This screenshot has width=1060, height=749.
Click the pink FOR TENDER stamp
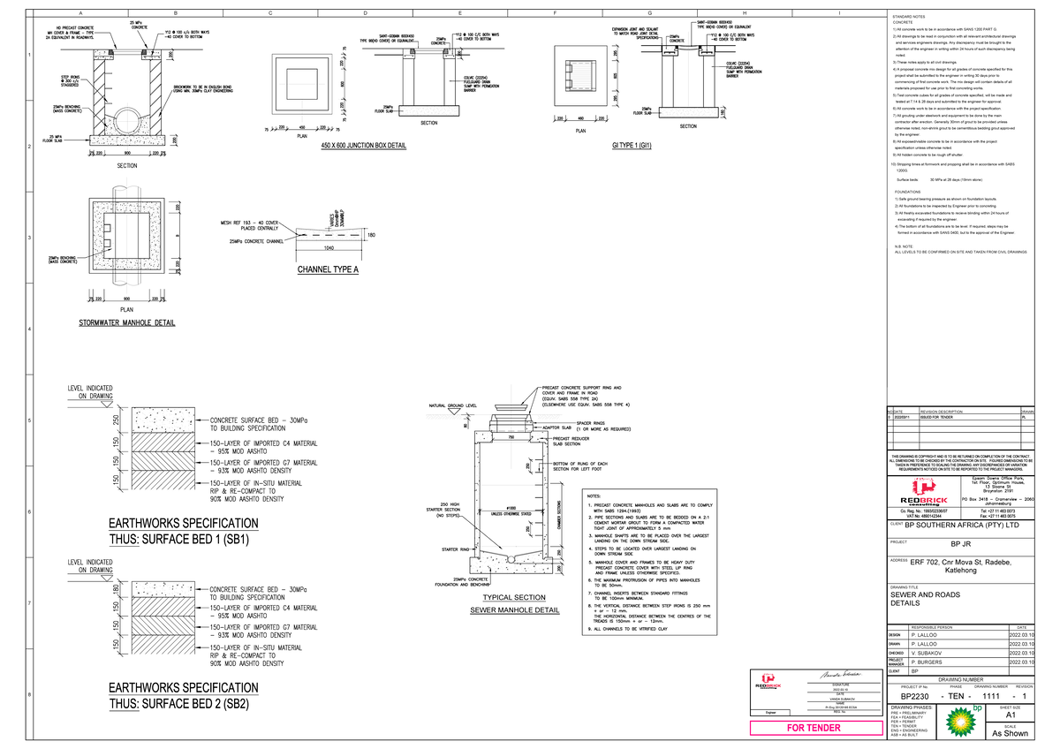tap(814, 728)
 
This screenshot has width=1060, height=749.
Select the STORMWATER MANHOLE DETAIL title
tap(126, 323)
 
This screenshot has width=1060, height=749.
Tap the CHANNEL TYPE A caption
tap(328, 270)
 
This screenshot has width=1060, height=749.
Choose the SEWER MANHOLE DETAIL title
tap(514, 609)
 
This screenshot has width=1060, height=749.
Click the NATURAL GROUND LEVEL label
tap(453, 405)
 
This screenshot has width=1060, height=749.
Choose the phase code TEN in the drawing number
tap(954, 698)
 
